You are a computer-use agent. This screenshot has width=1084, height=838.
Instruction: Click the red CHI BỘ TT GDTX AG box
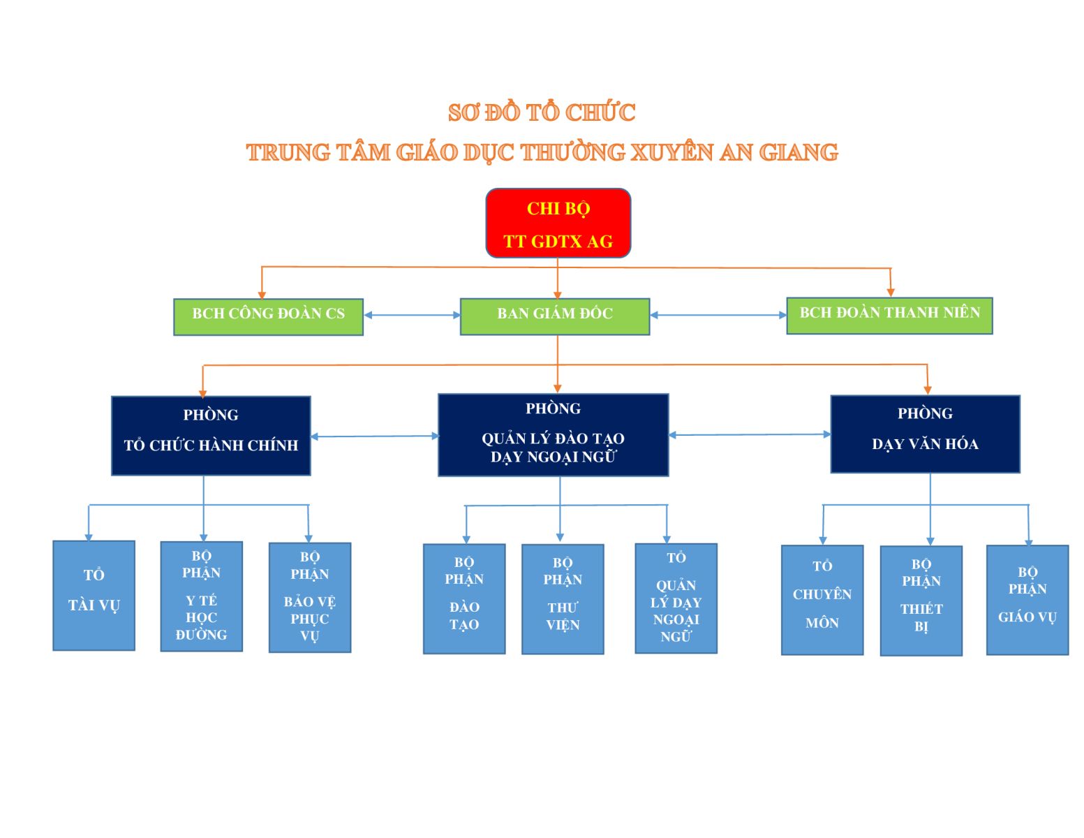[558, 223]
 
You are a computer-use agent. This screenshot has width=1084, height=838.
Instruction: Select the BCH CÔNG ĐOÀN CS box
[268, 317]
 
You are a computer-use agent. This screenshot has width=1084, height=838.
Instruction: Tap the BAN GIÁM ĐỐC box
[555, 316]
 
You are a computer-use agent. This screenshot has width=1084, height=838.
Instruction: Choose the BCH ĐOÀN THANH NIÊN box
[889, 316]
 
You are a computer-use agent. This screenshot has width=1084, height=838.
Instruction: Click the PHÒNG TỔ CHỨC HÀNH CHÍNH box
[211, 436]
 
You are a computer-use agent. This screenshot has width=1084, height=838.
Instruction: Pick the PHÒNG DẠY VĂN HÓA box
[926, 434]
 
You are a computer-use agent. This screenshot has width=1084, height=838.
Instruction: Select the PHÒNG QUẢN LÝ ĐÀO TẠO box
[554, 435]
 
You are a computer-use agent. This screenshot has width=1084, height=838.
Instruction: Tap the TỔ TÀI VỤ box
[94, 596]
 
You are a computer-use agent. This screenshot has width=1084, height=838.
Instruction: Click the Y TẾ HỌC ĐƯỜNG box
[202, 596]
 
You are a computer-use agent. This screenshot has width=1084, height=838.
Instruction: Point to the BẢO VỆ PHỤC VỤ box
[310, 598]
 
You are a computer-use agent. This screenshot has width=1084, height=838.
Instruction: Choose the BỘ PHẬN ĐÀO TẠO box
[464, 599]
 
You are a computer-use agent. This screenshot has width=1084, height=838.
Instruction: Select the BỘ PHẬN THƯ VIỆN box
[563, 599]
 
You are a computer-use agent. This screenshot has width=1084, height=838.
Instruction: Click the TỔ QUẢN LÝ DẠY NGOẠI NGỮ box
[676, 598]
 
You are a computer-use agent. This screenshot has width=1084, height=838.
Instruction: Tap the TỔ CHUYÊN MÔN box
[822, 600]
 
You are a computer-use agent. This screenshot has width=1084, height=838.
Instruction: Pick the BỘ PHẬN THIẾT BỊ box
[921, 601]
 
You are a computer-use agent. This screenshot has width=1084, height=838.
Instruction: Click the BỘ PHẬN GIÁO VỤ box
[1027, 600]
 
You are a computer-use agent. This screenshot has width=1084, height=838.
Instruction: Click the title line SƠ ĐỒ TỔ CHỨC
[542, 112]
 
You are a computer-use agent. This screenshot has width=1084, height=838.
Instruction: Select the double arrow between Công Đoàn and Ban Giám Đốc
[412, 316]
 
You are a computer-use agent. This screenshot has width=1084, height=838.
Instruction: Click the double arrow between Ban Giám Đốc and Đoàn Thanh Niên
[718, 316]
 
